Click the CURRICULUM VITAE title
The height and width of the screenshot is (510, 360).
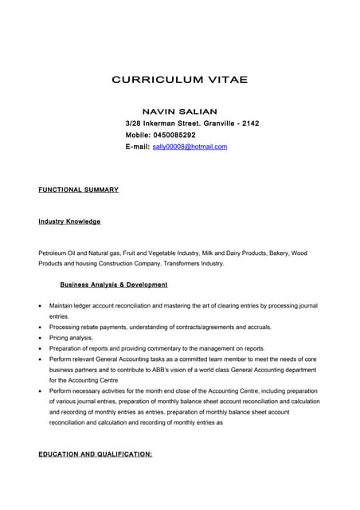pos(179,80)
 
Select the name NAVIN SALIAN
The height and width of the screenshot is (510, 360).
pos(179,112)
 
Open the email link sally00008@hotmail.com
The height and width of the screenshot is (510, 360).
pos(190,147)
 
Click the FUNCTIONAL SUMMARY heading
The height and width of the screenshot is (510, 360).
pos(78,190)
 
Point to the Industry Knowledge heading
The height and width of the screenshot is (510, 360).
pos(69,221)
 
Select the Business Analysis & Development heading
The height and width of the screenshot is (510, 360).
pos(114,284)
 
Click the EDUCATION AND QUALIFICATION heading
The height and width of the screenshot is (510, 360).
pos(95,454)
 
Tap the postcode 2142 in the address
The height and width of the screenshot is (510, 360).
pos(250,124)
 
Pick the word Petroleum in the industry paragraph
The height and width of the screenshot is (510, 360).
pos(54,253)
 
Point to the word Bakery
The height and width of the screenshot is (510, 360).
pos(276,253)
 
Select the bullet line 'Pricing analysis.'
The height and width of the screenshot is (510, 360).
pos(71,338)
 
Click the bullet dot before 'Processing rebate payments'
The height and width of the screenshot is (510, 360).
pos(41,328)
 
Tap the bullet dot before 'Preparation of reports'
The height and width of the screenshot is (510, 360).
pos(41,349)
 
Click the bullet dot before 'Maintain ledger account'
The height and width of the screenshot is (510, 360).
pos(41,306)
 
